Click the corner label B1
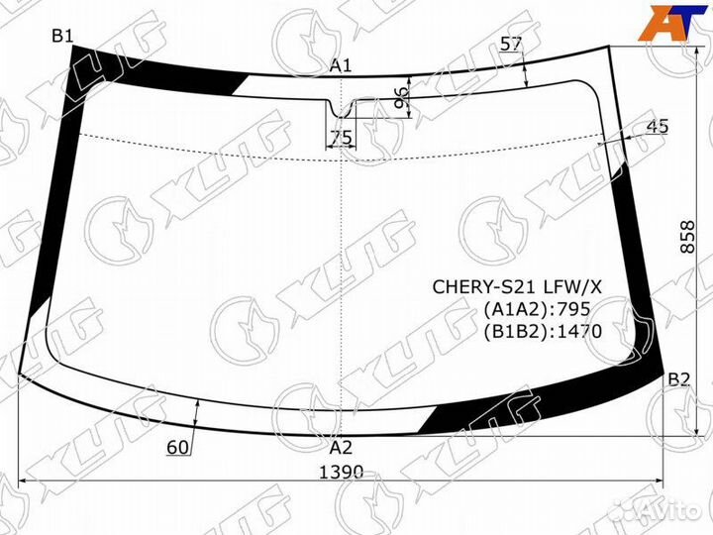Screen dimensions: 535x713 62,37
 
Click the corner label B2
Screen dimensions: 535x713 678,379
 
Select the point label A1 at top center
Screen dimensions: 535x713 341,66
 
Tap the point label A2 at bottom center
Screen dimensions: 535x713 341,447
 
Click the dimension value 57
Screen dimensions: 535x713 511,44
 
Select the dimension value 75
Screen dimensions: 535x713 341,138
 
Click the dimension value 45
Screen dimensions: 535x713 657,126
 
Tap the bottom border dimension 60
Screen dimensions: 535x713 178,448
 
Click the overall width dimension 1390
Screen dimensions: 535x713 341,472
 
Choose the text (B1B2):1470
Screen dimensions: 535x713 542,331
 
